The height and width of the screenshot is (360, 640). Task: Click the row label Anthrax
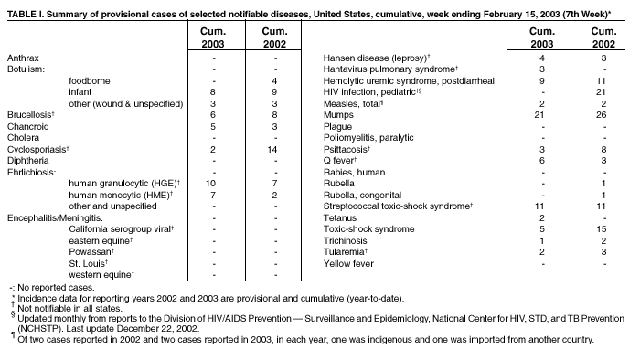click(x=23, y=58)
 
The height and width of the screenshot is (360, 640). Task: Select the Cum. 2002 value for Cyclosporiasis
click(x=273, y=149)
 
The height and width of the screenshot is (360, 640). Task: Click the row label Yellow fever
click(x=347, y=263)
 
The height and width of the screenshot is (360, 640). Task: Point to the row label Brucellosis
click(x=31, y=114)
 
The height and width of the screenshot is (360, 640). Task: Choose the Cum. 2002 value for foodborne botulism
click(x=273, y=80)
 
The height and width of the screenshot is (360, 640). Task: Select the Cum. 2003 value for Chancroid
click(x=211, y=126)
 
